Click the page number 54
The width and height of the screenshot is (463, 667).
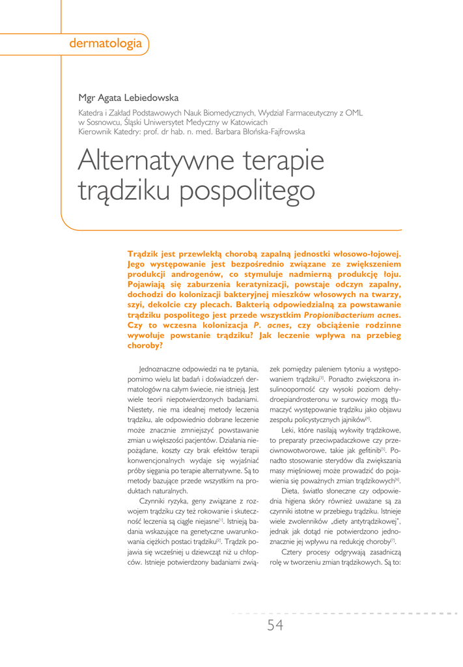(274, 626)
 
